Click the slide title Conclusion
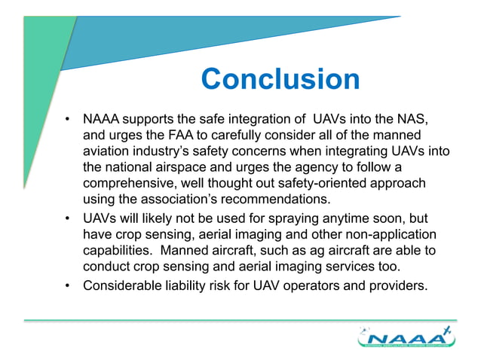(281, 79)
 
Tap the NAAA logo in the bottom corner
(406, 337)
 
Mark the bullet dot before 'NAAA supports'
(68, 120)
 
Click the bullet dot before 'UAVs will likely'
(68, 220)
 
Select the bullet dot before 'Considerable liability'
(68, 286)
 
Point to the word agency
(294, 168)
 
